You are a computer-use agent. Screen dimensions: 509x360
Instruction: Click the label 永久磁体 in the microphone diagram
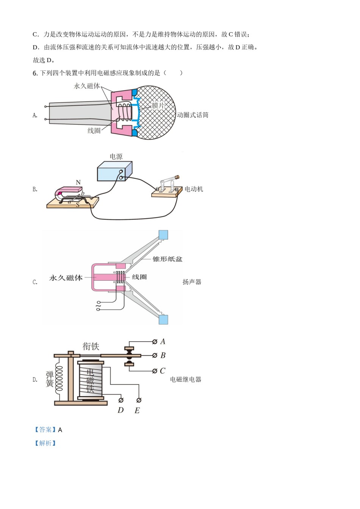(87, 86)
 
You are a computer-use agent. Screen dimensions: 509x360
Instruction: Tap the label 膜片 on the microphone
(158, 105)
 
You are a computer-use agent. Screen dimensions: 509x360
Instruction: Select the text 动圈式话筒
(193, 115)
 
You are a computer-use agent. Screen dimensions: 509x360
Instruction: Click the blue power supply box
(114, 172)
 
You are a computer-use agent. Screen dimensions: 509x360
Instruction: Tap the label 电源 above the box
(116, 156)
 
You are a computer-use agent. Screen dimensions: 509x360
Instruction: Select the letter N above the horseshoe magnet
(78, 183)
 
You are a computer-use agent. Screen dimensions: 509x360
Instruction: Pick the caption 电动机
(194, 189)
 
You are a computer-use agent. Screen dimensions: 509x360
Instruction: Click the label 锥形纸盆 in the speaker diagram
(167, 259)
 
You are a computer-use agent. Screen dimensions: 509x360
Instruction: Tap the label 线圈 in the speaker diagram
(139, 277)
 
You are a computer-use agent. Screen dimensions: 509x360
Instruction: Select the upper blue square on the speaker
(163, 235)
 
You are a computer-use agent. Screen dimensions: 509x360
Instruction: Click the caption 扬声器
(192, 282)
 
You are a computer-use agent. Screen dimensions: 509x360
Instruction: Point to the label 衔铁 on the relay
(91, 346)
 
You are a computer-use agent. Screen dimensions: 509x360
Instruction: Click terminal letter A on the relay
(163, 342)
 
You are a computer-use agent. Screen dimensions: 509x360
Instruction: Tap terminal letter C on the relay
(163, 371)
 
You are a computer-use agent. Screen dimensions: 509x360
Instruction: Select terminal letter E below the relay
(137, 411)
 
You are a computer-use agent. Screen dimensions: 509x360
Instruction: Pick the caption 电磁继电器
(186, 379)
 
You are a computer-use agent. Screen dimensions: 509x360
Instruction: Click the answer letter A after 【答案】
(60, 430)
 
